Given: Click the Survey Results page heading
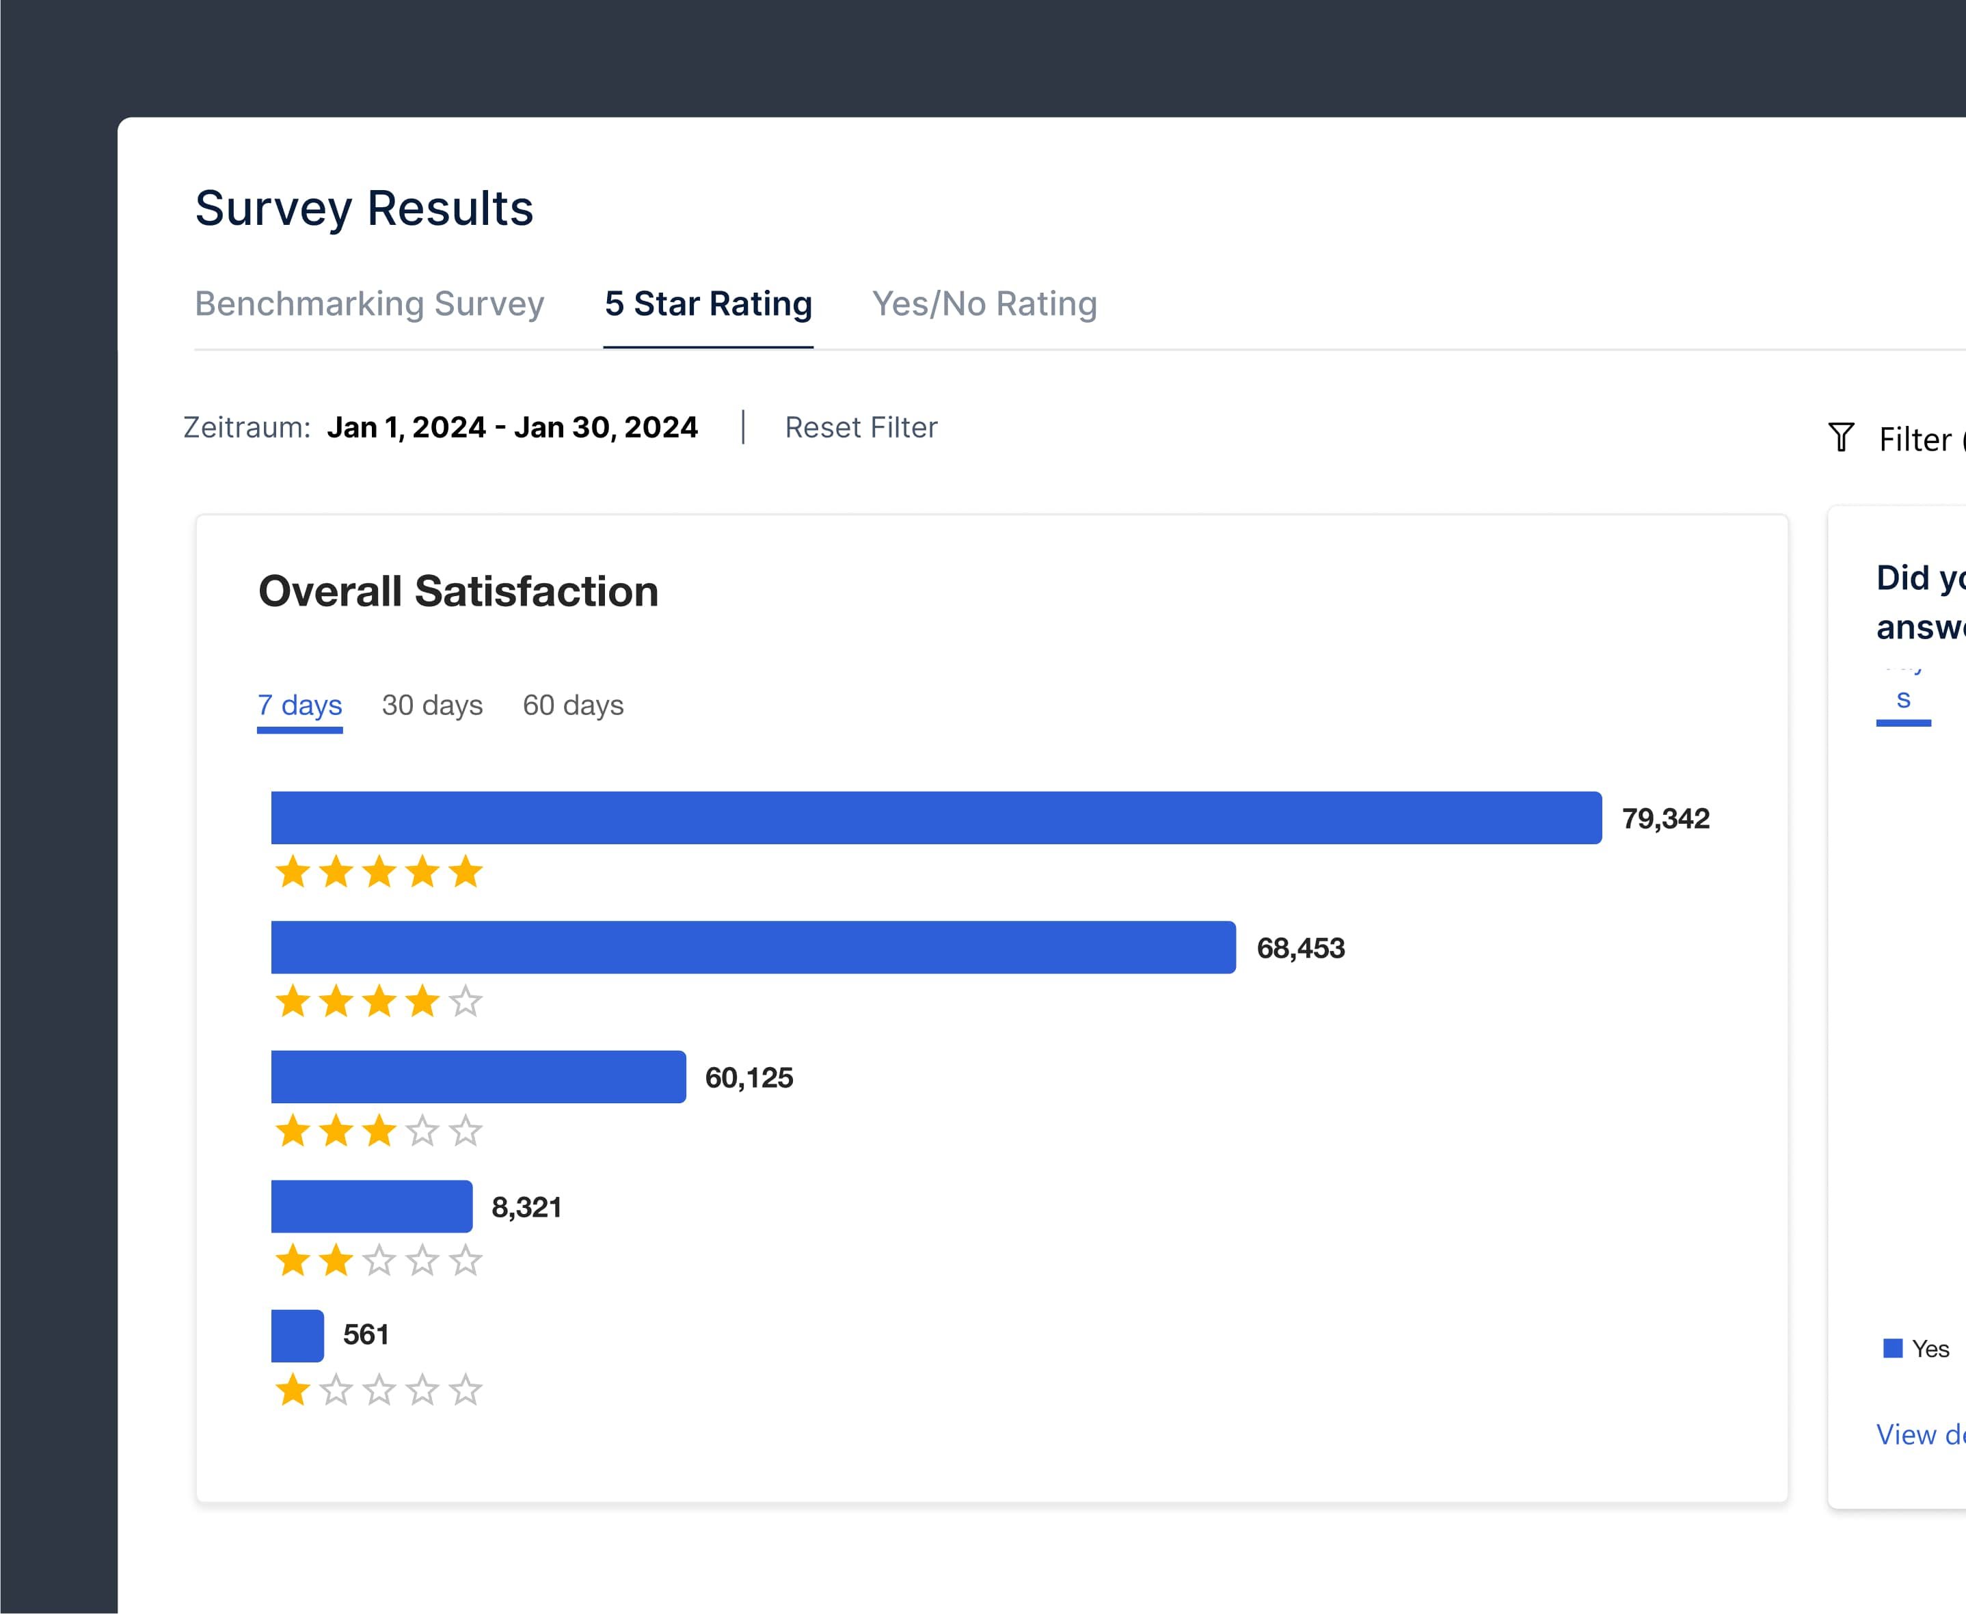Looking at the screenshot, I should [x=364, y=209].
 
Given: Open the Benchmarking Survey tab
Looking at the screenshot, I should [x=369, y=304].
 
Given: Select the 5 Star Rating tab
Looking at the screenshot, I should [x=708, y=304].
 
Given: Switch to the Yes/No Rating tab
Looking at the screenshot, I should [x=984, y=304].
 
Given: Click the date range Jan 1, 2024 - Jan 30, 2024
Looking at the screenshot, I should [x=512, y=428].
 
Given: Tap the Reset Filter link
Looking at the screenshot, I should [x=861, y=428].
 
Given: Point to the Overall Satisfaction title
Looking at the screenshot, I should [x=458, y=591].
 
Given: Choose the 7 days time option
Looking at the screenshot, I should [x=299, y=705].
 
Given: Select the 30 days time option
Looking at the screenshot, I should [x=432, y=705].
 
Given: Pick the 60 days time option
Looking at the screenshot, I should [x=573, y=705].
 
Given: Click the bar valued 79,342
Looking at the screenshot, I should [x=936, y=818].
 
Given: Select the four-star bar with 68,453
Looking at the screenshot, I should [x=753, y=947].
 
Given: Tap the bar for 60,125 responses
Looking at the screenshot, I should [x=478, y=1077].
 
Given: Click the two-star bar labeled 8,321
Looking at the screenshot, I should [x=371, y=1207].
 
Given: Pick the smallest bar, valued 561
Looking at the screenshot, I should [x=297, y=1336].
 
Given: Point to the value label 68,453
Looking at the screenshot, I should [x=1300, y=948].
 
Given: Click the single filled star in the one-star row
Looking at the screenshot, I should [x=293, y=1391].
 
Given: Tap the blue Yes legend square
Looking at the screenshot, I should [x=1893, y=1348].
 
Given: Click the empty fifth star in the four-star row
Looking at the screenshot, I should [x=466, y=1002].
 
